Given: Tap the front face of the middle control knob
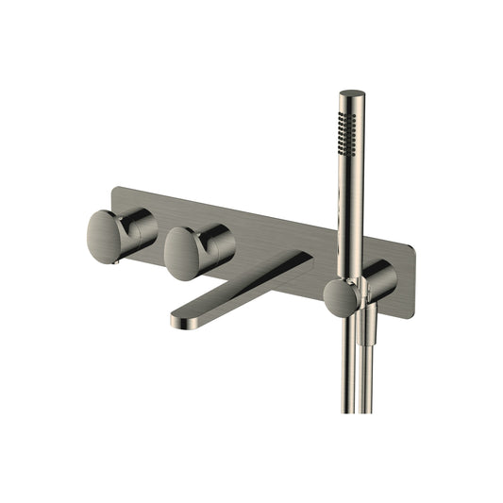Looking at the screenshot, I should click(185, 254).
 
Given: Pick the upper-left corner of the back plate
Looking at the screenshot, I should click(114, 189).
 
